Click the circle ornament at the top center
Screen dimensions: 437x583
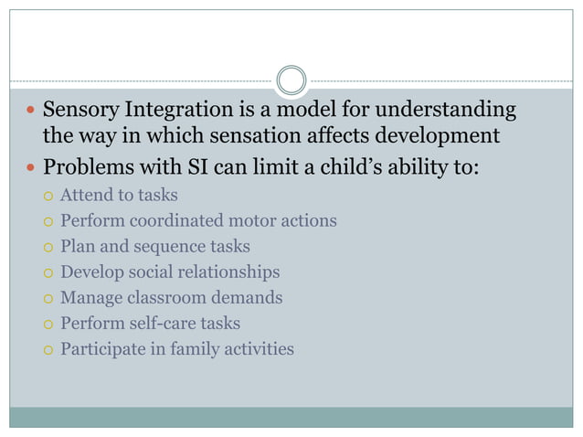(291, 80)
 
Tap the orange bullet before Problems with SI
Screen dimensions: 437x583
(31, 169)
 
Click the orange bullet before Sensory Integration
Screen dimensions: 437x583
(31, 112)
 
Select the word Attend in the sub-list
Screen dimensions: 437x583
(86, 195)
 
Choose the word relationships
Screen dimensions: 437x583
(230, 272)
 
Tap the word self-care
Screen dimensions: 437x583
(163, 323)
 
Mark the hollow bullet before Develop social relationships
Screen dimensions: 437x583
(47, 272)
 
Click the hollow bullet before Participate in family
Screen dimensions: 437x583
(47, 349)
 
